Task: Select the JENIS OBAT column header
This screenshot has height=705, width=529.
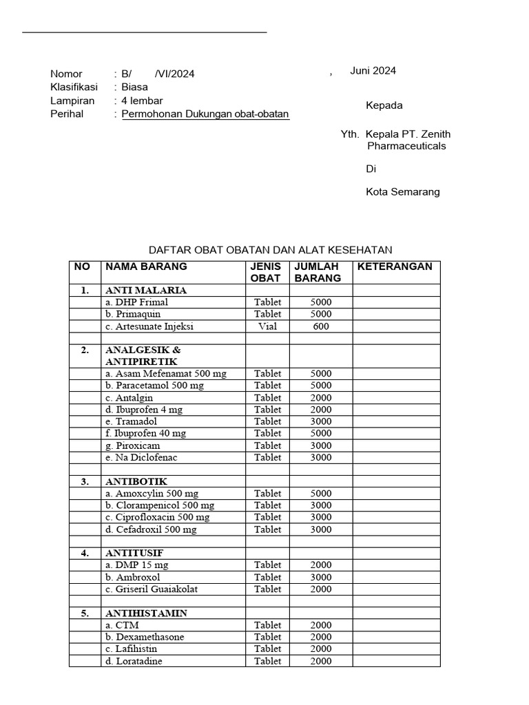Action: (x=266, y=273)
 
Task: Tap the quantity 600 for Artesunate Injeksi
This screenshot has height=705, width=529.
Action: (x=321, y=326)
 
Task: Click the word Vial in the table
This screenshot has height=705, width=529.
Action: (x=267, y=326)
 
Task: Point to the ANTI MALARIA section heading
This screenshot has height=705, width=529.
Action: (x=146, y=291)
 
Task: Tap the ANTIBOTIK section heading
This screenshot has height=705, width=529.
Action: (x=136, y=481)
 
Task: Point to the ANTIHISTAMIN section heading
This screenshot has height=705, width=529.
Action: (x=147, y=613)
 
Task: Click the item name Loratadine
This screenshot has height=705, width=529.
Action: (x=138, y=661)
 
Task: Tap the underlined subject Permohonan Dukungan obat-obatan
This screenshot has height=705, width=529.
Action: (x=205, y=114)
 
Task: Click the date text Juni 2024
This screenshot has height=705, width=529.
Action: (x=373, y=71)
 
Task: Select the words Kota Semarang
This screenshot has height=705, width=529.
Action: (x=402, y=192)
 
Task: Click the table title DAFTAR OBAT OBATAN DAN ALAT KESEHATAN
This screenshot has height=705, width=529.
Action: (x=270, y=250)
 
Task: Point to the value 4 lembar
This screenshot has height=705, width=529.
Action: (x=142, y=101)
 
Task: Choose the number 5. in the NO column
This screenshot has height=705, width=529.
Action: (x=85, y=613)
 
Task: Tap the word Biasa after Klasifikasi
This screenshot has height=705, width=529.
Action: (x=134, y=87)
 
